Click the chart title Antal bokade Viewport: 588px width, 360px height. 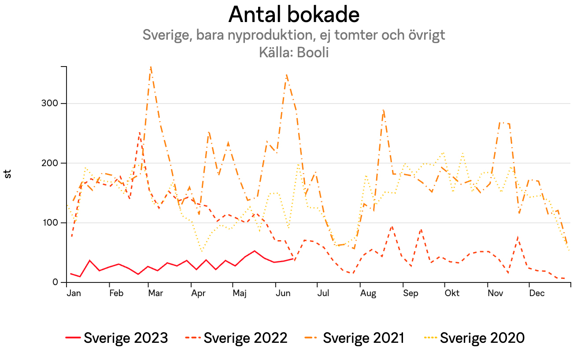294,15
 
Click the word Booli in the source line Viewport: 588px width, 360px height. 313,52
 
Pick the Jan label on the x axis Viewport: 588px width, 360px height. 74,293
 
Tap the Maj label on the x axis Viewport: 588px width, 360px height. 240,293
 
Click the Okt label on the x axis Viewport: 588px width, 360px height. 452,293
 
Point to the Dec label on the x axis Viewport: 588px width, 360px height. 537,293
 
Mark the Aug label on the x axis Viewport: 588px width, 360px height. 368,293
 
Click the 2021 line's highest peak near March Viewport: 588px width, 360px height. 151,67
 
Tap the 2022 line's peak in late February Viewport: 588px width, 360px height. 140,132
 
